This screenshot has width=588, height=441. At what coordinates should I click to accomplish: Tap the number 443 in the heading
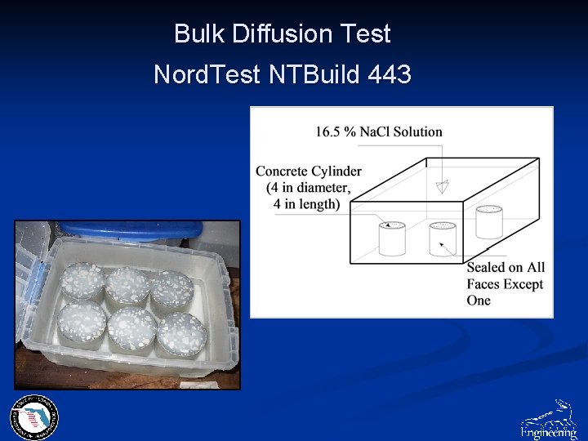pos(390,75)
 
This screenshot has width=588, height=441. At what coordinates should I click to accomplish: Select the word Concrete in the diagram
pos(282,171)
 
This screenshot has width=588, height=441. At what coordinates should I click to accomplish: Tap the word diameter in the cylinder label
pos(323,188)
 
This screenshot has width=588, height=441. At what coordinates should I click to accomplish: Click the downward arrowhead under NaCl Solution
pos(442,187)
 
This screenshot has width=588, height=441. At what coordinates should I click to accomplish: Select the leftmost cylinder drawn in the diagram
pos(392,238)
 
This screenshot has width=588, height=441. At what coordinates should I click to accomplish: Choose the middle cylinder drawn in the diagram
pos(442,238)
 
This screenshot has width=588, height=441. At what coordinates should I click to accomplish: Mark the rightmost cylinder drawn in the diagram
pos(489,221)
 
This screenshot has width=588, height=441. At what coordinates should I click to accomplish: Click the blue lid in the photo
pos(122,229)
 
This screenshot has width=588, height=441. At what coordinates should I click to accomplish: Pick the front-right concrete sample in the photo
pos(181,333)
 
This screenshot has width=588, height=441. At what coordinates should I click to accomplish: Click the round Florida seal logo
pos(33,418)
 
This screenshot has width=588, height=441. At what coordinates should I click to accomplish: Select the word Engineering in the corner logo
pos(548,430)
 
